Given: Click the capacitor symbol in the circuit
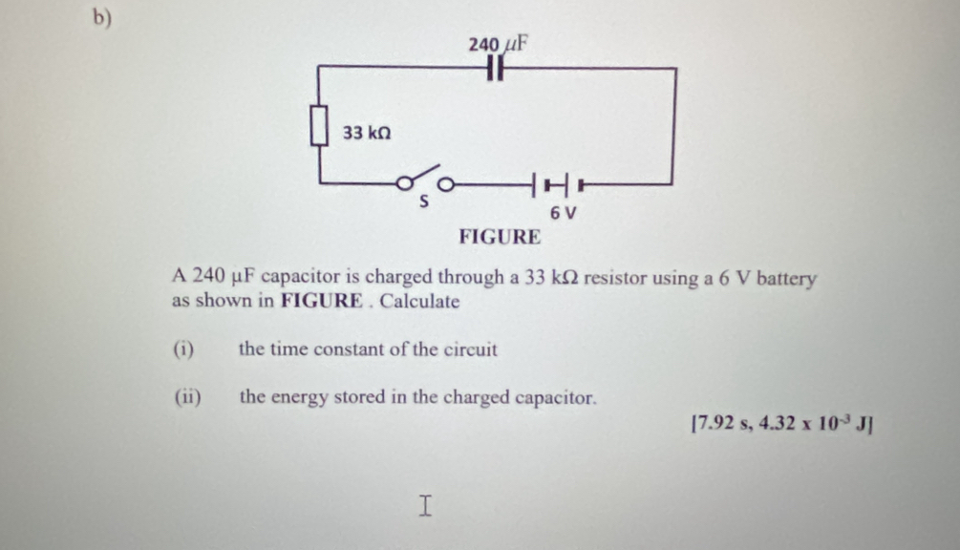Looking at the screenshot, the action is [x=496, y=68].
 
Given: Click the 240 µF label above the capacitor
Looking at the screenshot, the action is [x=498, y=44].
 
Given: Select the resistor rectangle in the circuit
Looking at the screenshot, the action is [x=319, y=125].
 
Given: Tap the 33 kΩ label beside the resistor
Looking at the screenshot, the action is [x=367, y=133].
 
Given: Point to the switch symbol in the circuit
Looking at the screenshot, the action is [x=425, y=179].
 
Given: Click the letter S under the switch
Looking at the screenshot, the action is [x=424, y=201].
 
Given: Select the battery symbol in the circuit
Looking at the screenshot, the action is [x=558, y=184].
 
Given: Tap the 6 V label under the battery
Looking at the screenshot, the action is [x=563, y=213].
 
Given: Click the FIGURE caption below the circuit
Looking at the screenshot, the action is [x=500, y=237].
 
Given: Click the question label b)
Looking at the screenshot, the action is [x=102, y=18].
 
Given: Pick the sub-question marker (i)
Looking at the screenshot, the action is [x=183, y=349].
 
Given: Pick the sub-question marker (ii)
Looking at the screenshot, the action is [x=187, y=397].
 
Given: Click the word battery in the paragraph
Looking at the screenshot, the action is [x=786, y=279].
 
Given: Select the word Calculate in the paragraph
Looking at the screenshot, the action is [x=419, y=301].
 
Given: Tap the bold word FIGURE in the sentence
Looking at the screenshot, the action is [x=322, y=301].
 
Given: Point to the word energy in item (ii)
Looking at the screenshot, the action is [x=299, y=398].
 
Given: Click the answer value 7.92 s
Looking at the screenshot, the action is [x=721, y=423].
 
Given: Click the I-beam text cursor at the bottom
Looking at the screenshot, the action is [x=425, y=506].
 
